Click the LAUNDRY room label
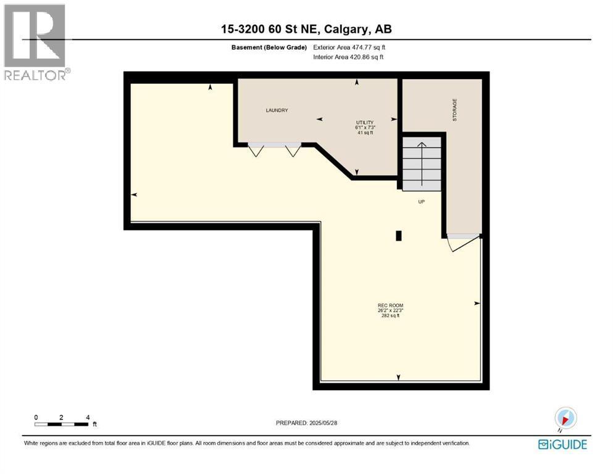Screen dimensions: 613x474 [x=277, y=110]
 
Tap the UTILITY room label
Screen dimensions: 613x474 [x=365, y=123]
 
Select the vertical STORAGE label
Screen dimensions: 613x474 [x=455, y=110]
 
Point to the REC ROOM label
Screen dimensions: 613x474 [x=390, y=306]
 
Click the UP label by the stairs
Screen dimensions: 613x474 [x=422, y=202]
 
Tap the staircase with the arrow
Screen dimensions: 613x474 [x=422, y=164]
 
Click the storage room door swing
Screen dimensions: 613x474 [x=463, y=243]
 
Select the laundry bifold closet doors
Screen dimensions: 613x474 [x=275, y=149]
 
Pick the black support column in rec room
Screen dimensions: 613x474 [x=399, y=236]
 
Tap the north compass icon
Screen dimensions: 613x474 [x=565, y=418]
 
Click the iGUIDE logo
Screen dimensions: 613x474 [x=562, y=445]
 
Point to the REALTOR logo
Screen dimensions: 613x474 [x=36, y=42]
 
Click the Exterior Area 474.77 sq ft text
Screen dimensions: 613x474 [x=349, y=48]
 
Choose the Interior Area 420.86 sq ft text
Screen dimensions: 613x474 [x=348, y=57]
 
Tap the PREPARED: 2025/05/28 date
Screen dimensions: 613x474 [x=306, y=423]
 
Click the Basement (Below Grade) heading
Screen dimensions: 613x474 [x=269, y=48]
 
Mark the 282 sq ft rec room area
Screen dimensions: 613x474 [x=390, y=316]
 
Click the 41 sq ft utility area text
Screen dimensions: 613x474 [x=365, y=133]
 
